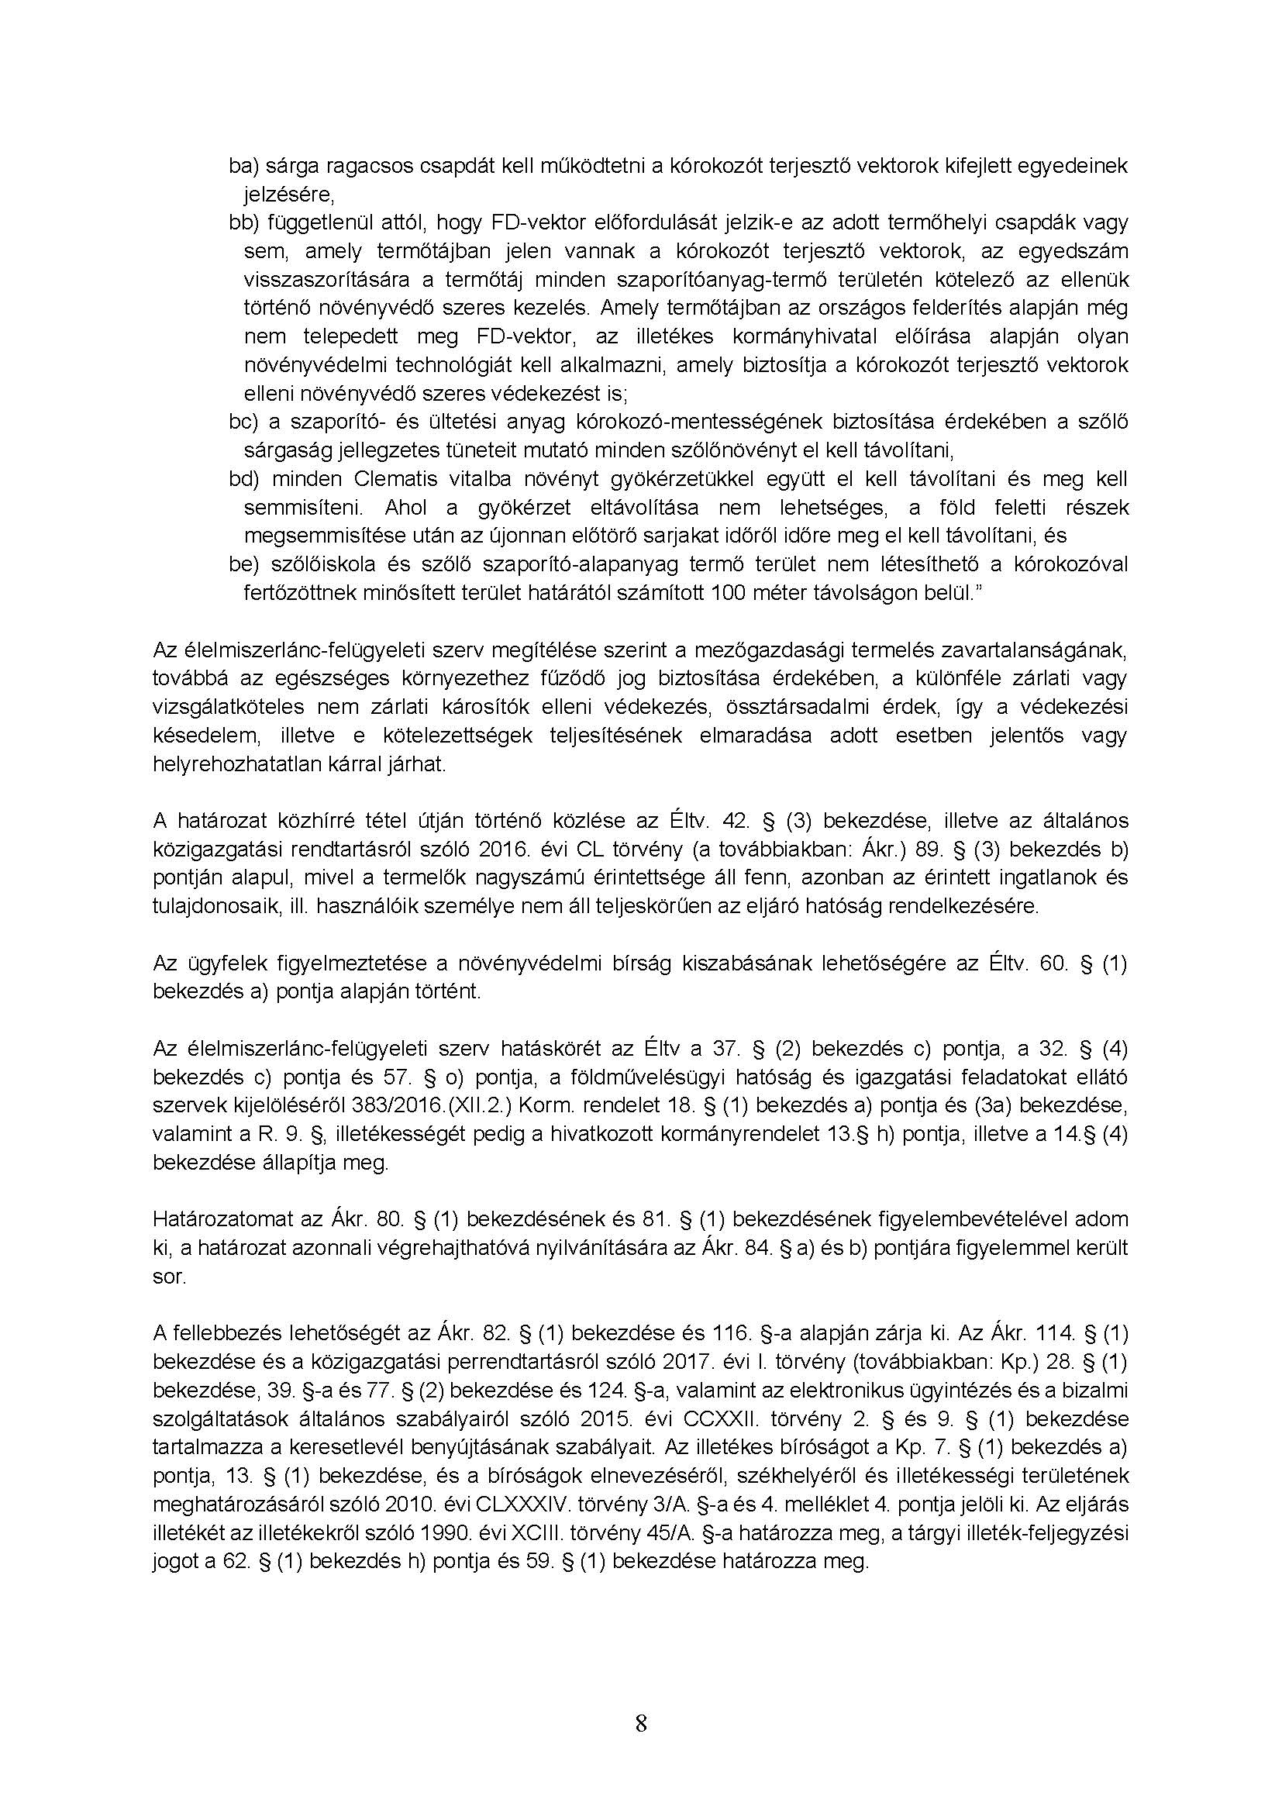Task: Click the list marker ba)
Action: (244, 166)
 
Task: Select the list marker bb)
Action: (244, 222)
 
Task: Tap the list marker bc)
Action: (244, 422)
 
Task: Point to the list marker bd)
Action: (244, 478)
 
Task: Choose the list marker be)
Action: (244, 564)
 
